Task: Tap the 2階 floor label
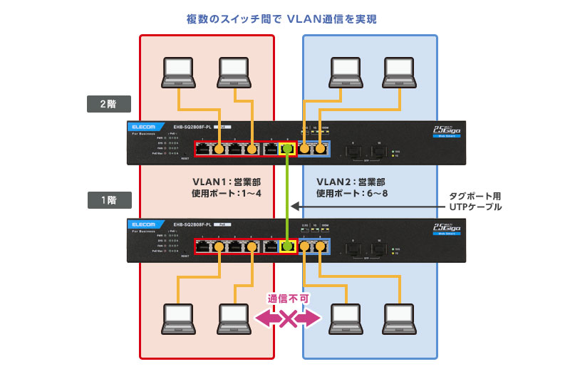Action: click(108, 104)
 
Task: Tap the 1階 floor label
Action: click(108, 200)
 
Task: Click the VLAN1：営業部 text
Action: click(223, 181)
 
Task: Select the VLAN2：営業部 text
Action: click(351, 181)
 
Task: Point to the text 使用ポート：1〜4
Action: click(223, 194)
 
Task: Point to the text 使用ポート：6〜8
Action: click(351, 194)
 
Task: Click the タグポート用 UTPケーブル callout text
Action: click(476, 200)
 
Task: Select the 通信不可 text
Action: click(288, 299)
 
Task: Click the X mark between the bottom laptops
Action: click(288, 318)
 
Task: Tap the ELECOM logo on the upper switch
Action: click(145, 128)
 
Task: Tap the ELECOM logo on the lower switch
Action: click(145, 224)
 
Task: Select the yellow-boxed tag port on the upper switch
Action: click(288, 150)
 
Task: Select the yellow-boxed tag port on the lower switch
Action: click(288, 246)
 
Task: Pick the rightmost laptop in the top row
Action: click(404, 71)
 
